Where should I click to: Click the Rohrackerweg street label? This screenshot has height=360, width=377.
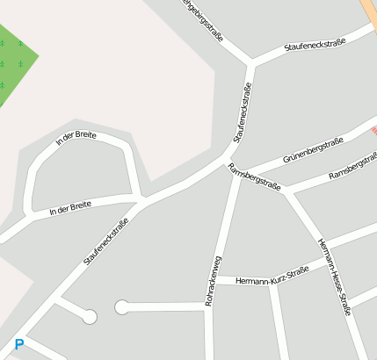210,281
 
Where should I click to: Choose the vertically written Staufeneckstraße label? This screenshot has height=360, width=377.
243,112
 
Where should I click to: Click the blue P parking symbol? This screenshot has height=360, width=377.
19,345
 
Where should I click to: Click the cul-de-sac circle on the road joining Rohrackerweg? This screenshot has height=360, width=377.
122,306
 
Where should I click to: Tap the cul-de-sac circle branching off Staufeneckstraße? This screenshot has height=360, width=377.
90,317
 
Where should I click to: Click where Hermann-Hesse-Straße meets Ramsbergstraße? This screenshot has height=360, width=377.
287,192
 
